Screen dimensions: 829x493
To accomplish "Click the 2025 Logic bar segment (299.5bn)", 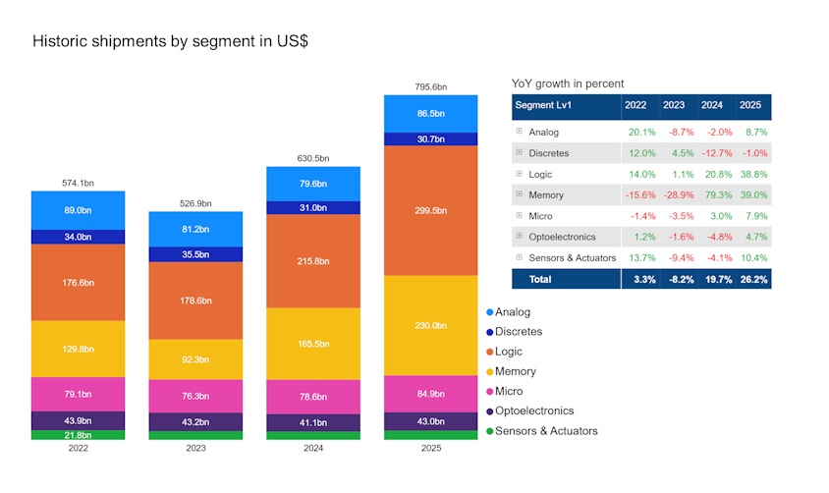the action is coord(430,210).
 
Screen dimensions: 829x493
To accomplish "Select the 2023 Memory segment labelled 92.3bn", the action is coord(195,359).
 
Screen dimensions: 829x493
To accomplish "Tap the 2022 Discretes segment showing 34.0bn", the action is coord(79,237).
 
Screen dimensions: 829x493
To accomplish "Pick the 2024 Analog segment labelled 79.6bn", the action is coord(313,184).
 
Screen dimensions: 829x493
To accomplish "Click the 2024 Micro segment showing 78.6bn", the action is coord(313,397).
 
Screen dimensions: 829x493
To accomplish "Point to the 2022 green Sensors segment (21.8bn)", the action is coord(79,435).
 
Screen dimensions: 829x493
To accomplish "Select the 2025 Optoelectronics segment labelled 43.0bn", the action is coord(430,421).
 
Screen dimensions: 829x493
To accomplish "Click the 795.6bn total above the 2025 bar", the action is coord(430,86).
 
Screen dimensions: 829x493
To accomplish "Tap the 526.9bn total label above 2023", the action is coord(195,203).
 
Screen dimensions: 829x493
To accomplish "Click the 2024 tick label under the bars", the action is coord(313,448).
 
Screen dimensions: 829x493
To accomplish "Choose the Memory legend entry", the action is coord(511,371).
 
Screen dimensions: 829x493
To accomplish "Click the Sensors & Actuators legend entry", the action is coord(542,431).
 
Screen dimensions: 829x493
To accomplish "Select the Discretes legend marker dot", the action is coord(489,332).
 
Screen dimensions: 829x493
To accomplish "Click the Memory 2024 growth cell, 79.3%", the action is coord(719,195).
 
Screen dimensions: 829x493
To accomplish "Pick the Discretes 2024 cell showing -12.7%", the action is coord(717,153).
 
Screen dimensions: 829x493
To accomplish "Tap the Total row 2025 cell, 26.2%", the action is coord(753,280).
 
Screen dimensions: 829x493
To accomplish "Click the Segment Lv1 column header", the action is coord(543,105).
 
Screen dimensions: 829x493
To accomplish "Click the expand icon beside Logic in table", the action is coord(520,173).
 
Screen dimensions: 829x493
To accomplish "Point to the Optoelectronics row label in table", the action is coord(562,238).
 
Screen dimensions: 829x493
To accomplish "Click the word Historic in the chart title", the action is coord(60,41).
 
